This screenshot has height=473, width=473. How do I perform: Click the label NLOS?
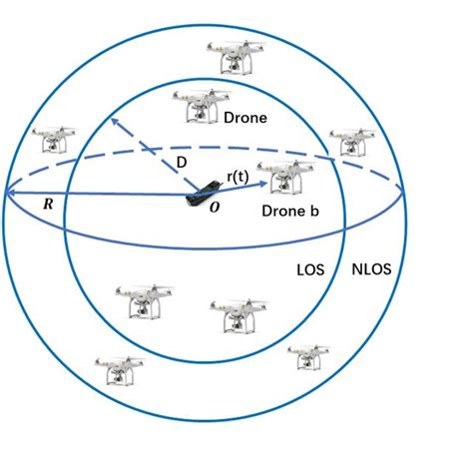[377, 269]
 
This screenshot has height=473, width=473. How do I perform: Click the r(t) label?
[237, 177]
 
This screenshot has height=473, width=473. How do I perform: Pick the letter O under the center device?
[214, 209]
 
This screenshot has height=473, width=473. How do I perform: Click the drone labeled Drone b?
[283, 178]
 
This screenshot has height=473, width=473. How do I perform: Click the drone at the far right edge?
[349, 142]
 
